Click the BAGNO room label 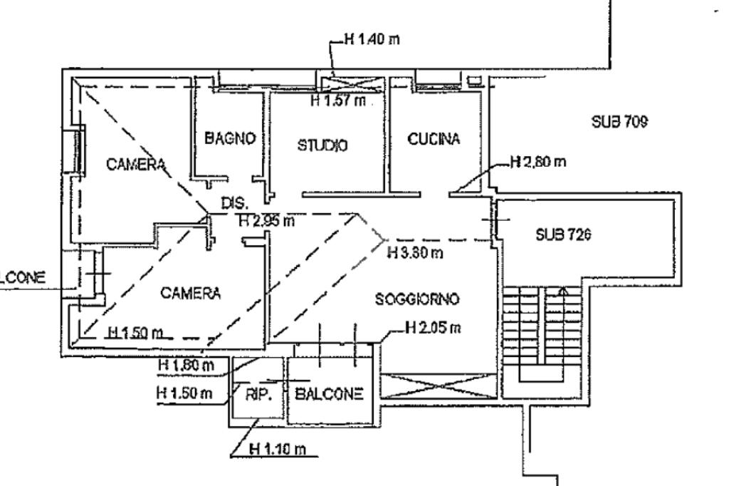(230, 138)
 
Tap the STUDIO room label (322, 146)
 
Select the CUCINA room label (434, 139)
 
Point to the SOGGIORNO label (417, 299)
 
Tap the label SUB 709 (619, 123)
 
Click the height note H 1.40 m (371, 39)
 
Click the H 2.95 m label (266, 222)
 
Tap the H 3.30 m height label (416, 253)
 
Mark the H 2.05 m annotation (432, 328)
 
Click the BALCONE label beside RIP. (329, 394)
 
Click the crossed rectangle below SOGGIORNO (438, 386)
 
